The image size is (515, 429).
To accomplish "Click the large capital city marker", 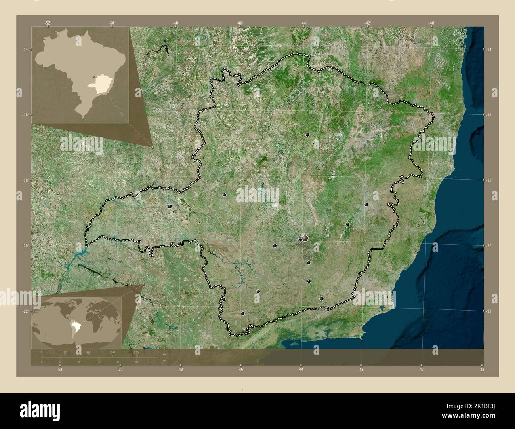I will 305,238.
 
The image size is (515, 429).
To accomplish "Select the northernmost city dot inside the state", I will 307,135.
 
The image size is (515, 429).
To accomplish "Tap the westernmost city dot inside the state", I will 170,206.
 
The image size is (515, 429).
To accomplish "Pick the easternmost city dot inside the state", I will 366,204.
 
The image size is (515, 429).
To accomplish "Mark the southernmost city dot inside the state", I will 243,313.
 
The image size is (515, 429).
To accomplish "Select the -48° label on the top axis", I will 176,23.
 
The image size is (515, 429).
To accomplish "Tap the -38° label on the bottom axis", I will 481,369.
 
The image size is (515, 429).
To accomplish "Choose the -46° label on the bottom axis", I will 240,369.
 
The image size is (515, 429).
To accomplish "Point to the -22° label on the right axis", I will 489,311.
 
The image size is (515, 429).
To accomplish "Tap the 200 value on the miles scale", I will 137,362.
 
